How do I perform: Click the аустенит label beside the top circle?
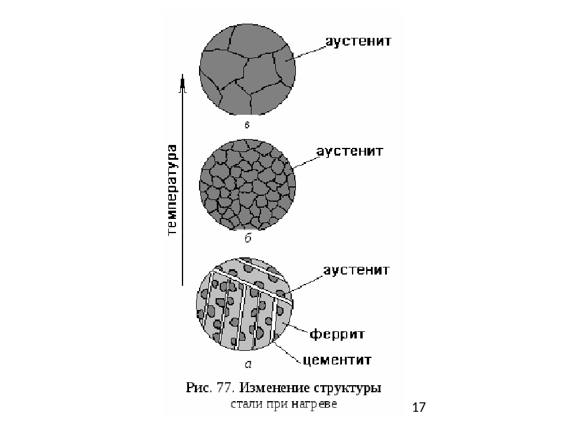coord(359,41)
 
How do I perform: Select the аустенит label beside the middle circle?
coord(350,151)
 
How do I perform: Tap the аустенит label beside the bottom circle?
coord(357,270)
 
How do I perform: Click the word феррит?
coord(337,334)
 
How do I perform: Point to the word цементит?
coord(337,360)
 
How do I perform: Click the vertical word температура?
coord(172,190)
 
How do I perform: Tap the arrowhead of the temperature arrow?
coord(183,83)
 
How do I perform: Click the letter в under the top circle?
coord(247,125)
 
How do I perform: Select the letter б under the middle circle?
coord(247,238)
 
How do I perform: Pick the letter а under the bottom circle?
coord(248,364)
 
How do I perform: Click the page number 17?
coord(419,407)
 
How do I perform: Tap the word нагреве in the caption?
coord(314,404)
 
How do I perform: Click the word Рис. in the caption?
coord(199,388)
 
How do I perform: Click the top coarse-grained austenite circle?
coord(247,70)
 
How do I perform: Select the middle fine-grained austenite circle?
coord(247,185)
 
